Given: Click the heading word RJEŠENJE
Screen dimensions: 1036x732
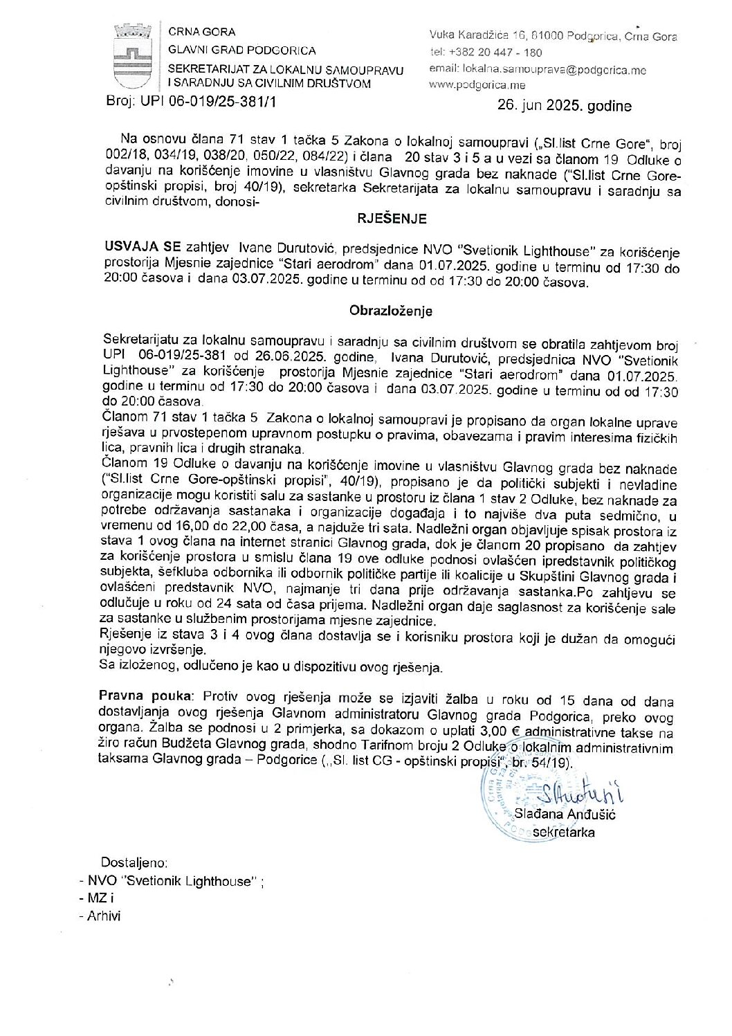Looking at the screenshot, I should [392, 219].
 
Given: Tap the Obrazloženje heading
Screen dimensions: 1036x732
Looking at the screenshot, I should [391, 311].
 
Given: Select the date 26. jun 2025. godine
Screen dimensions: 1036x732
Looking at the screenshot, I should [564, 106].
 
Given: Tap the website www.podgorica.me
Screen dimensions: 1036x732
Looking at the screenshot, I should [477, 85].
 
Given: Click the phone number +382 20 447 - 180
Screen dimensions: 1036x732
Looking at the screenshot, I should [495, 53].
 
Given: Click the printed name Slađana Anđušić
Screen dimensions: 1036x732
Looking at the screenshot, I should [566, 815].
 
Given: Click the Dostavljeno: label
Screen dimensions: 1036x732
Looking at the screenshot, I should [134, 863].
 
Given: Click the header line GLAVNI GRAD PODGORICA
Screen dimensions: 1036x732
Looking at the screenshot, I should [242, 50].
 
